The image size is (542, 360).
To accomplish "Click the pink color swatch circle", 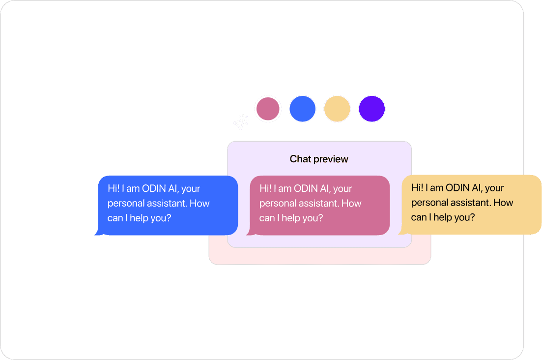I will pyautogui.click(x=267, y=109).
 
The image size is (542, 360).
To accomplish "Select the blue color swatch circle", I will pyautogui.click(x=302, y=109).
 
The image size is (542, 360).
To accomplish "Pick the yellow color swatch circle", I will pyautogui.click(x=337, y=109).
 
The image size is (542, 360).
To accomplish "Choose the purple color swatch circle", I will pyautogui.click(x=371, y=109).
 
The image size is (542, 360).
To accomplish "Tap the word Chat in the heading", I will pyautogui.click(x=300, y=159).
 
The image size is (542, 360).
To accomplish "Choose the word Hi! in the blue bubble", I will pyautogui.click(x=114, y=189).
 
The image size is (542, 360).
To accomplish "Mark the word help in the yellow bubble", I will pyautogui.click(x=445, y=217).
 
